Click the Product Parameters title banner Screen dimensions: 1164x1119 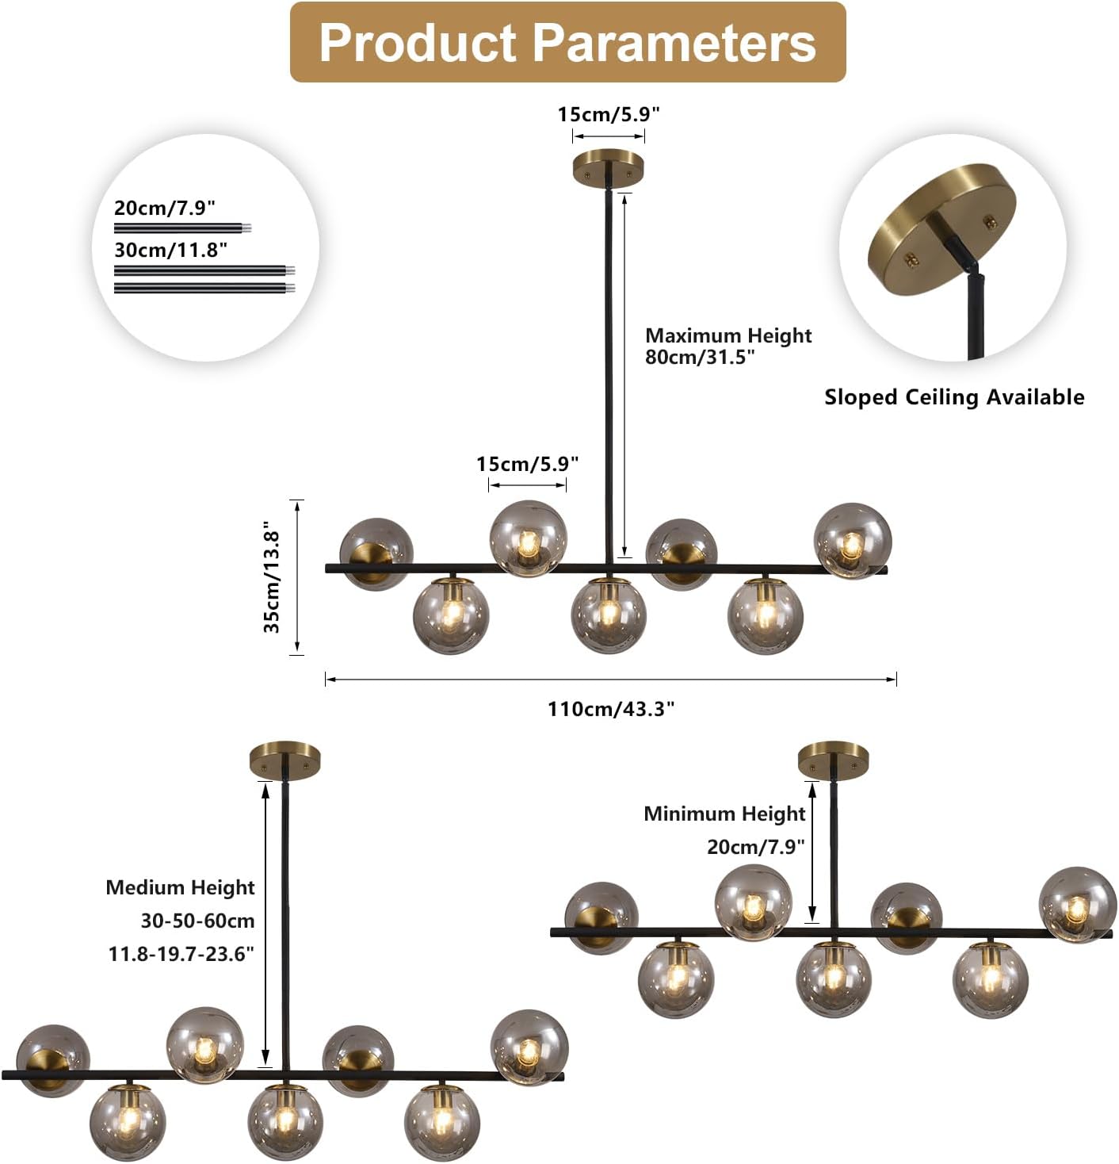pyautogui.click(x=567, y=42)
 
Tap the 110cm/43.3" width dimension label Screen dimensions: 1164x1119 pyautogui.click(x=610, y=708)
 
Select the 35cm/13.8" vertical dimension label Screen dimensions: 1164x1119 pyautogui.click(x=272, y=576)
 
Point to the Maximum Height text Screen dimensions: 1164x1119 pyautogui.click(x=728, y=335)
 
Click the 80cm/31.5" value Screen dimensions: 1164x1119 pyautogui.click(x=700, y=357)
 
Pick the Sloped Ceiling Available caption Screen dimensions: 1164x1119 pyautogui.click(x=954, y=396)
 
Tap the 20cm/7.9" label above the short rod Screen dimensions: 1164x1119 pyautogui.click(x=165, y=208)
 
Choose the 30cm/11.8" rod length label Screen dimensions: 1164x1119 pyautogui.click(x=170, y=250)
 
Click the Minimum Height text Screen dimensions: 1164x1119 pyautogui.click(x=724, y=814)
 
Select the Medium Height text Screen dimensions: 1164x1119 pyautogui.click(x=181, y=887)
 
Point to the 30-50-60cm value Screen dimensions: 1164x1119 pyautogui.click(x=197, y=921)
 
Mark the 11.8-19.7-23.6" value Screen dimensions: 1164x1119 pyautogui.click(x=181, y=953)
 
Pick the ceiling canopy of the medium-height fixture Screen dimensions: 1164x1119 pyautogui.click(x=285, y=759)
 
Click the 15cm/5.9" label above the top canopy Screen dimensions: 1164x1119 pyautogui.click(x=609, y=114)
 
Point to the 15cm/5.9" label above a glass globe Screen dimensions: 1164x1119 pyautogui.click(x=527, y=464)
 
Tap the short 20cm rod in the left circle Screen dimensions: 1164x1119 pyautogui.click(x=182, y=228)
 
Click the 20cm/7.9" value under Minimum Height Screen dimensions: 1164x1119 pyautogui.click(x=755, y=847)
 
